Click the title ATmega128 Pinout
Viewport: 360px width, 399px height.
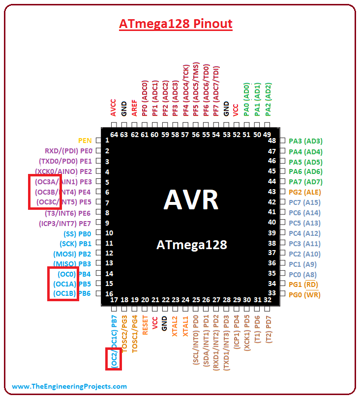click(176, 24)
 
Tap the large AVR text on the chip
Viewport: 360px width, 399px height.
click(191, 200)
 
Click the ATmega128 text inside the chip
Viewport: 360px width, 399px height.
click(191, 244)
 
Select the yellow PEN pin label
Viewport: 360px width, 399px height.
click(85, 141)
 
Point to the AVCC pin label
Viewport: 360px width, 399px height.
click(114, 107)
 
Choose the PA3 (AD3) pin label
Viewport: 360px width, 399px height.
click(305, 141)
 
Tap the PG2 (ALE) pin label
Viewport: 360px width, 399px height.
click(304, 192)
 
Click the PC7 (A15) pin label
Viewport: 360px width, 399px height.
click(304, 202)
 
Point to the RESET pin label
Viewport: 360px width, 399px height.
click(145, 324)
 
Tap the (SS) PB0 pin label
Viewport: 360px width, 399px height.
click(78, 233)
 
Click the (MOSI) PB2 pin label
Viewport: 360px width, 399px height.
click(72, 254)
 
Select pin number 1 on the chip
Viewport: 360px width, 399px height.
click(107, 141)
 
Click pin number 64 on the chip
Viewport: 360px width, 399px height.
click(114, 135)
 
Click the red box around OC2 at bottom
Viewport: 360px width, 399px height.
click(114, 358)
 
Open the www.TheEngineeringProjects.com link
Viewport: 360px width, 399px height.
click(69, 386)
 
